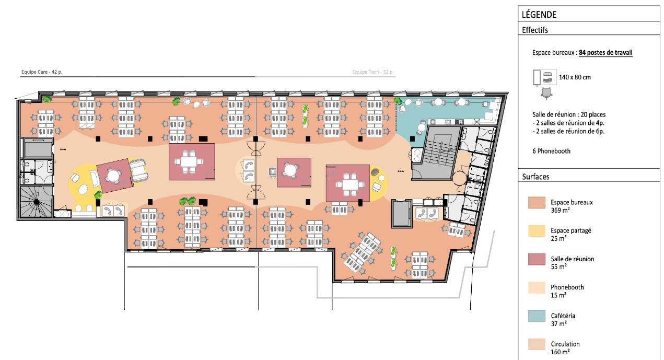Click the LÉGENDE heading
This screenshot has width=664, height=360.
(x=539, y=15)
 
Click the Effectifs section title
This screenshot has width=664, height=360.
(x=534, y=30)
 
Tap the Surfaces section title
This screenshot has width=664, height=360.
(x=535, y=177)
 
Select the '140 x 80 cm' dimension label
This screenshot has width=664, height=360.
(x=575, y=77)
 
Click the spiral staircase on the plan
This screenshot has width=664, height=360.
(x=36, y=202)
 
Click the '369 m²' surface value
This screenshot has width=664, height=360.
(x=560, y=210)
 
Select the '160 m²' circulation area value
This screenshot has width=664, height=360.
(x=560, y=352)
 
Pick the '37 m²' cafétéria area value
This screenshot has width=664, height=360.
(x=558, y=324)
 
